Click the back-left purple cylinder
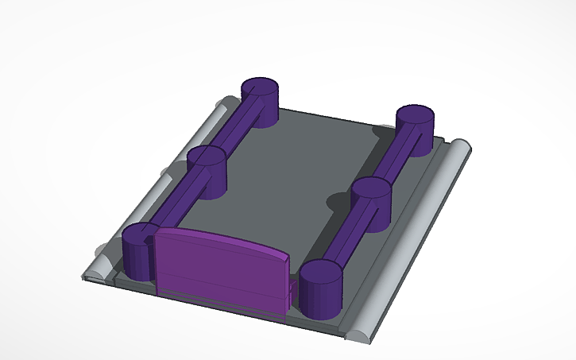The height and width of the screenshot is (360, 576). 259,103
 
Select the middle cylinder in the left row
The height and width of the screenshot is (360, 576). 208,171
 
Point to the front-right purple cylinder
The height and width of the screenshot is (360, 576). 320,288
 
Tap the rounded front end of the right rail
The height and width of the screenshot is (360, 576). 359,333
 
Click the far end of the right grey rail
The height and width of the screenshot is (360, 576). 461,147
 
